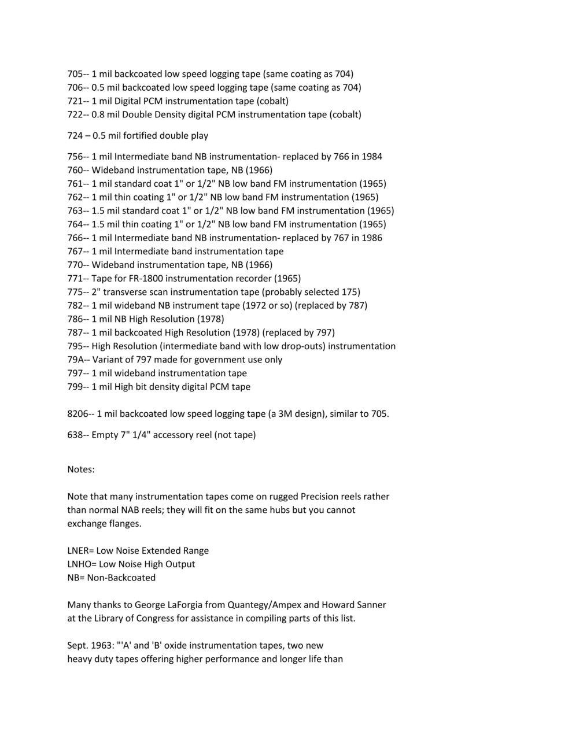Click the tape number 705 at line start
coord(75,74)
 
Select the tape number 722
coord(75,114)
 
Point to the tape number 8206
coord(78,414)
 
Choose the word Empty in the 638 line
coord(105,435)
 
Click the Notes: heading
coord(81,469)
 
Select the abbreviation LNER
coord(79,550)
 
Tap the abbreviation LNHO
coord(80,564)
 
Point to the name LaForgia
coord(191,605)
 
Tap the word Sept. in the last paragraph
coord(79,645)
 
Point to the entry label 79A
coord(76,360)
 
